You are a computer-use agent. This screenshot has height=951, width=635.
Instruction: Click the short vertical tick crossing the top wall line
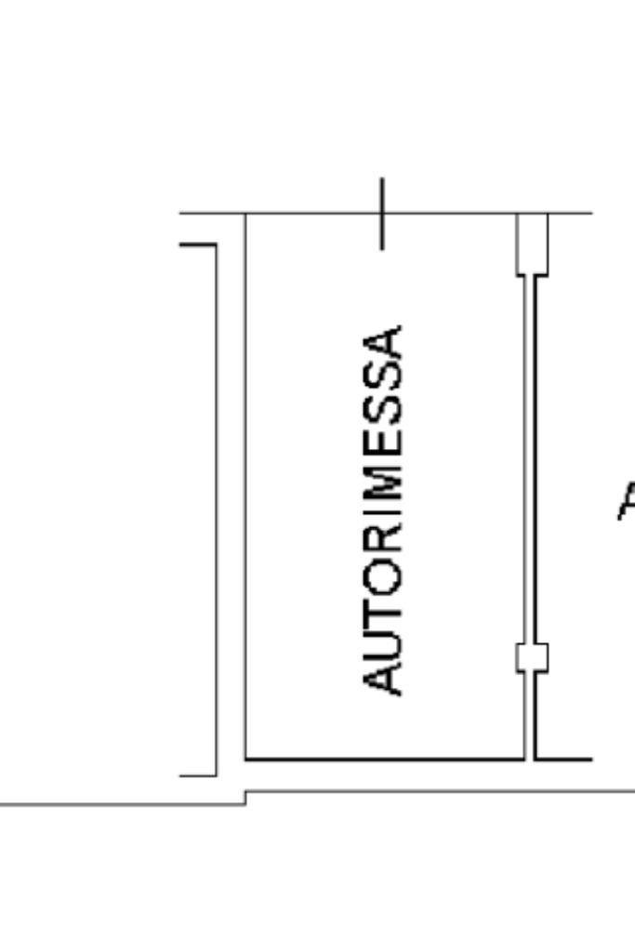(381, 213)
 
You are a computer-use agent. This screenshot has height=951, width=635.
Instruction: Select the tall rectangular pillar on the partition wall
(533, 244)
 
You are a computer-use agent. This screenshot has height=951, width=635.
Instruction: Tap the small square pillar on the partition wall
(533, 657)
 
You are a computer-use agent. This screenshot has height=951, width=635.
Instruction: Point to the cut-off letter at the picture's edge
(627, 502)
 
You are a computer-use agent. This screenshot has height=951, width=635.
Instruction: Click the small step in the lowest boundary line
(245, 798)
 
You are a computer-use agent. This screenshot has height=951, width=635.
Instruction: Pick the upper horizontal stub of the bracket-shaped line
(198, 245)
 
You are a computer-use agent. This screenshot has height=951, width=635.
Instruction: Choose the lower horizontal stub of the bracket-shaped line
(198, 773)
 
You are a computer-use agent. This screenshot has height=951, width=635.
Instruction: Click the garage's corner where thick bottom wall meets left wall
(246, 759)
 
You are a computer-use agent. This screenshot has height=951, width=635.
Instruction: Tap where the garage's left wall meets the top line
(246, 214)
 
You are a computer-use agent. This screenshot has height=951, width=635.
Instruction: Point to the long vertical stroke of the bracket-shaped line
(217, 509)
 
